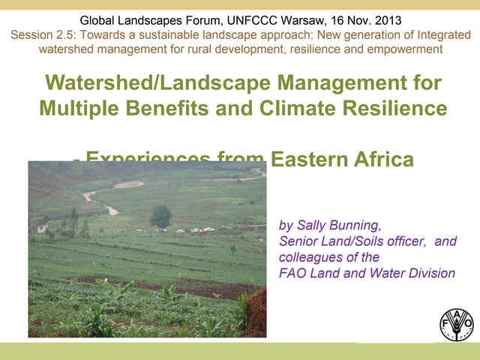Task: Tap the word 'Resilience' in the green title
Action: point(388,109)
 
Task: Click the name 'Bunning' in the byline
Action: point(353,224)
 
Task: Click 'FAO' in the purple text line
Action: point(292,274)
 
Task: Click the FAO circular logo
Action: point(457,323)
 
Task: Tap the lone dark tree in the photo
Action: point(160,217)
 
